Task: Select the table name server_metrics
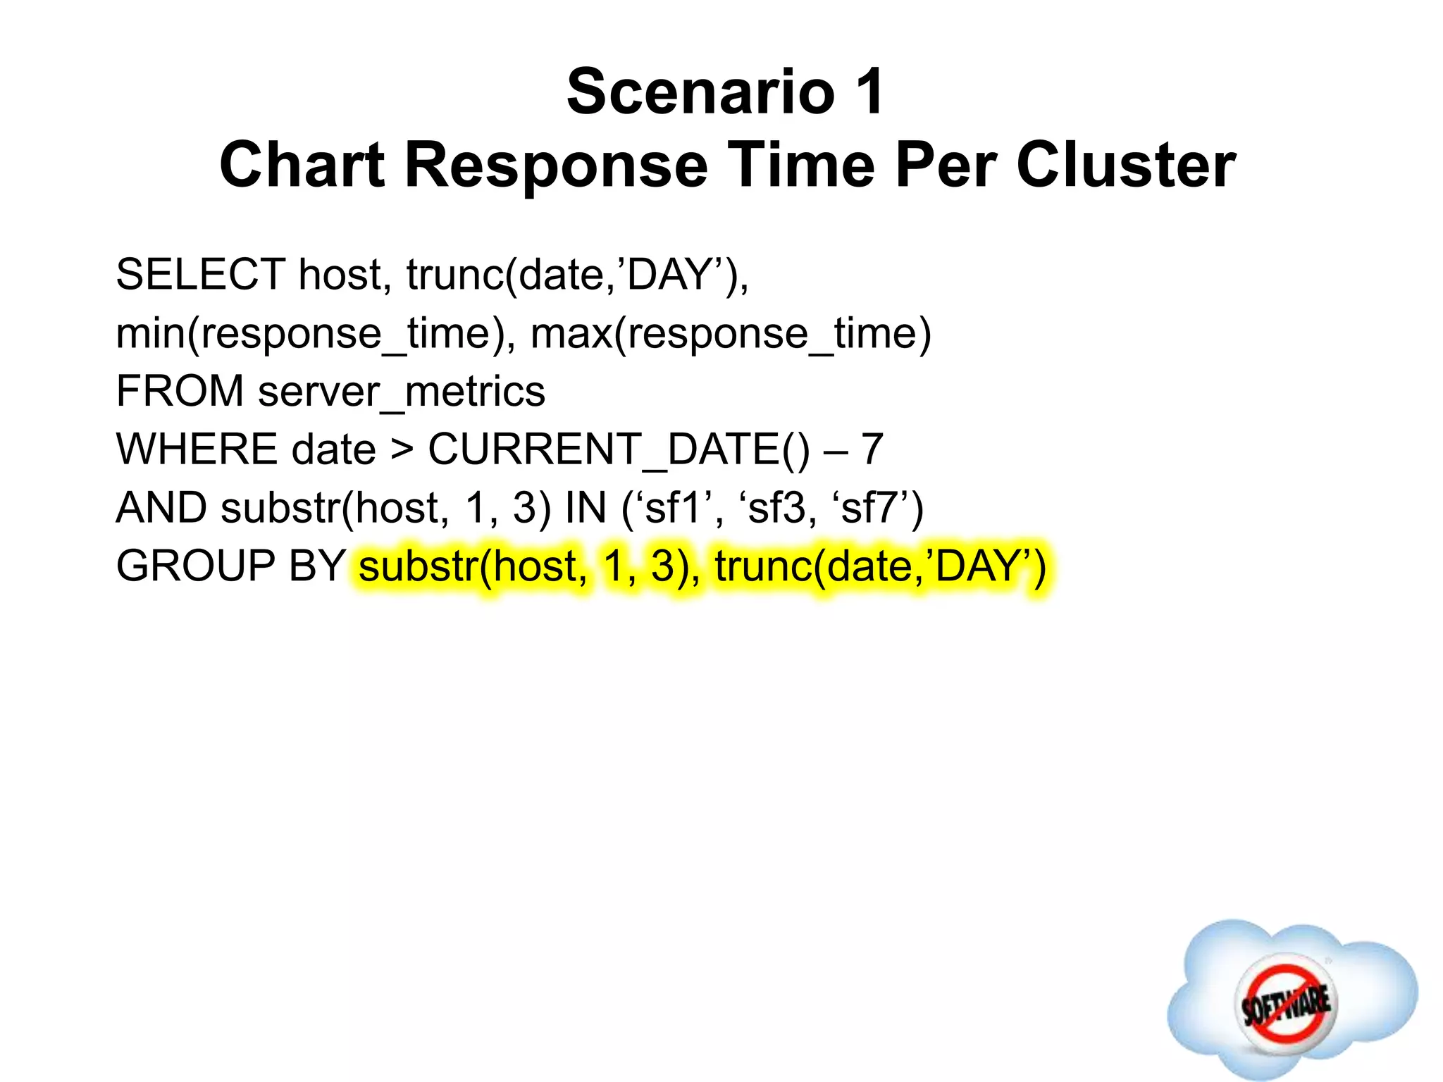point(401,392)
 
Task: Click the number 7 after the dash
point(872,449)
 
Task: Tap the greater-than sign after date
point(402,449)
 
